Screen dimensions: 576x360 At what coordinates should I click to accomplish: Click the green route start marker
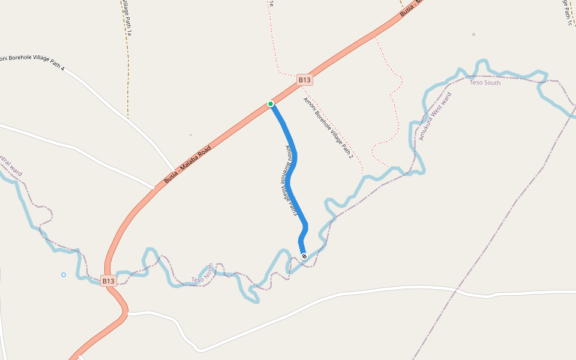(x=271, y=104)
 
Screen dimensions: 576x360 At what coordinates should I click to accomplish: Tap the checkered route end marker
(x=304, y=257)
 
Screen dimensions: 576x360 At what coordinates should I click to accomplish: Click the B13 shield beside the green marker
(x=305, y=80)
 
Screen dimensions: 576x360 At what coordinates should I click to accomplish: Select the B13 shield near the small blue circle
(x=108, y=281)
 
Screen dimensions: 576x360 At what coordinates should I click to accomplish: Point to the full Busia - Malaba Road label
(x=188, y=164)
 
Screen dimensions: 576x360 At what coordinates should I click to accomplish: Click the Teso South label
(x=485, y=82)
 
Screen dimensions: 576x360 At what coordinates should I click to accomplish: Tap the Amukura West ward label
(x=435, y=116)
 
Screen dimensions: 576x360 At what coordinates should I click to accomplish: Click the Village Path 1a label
(x=126, y=18)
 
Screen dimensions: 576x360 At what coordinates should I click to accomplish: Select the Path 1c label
(x=567, y=12)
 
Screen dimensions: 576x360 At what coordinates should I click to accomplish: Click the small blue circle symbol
(x=64, y=275)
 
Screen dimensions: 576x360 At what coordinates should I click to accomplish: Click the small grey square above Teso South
(x=473, y=34)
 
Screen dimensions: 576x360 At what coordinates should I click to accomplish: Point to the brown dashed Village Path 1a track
(x=128, y=72)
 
